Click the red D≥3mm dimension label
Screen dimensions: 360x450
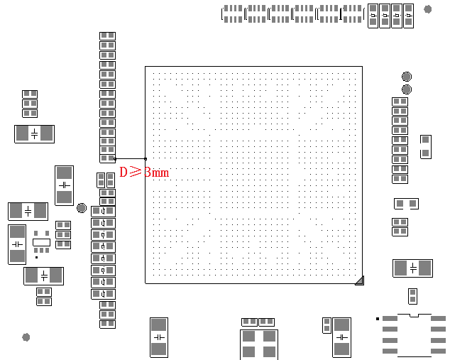coord(144,172)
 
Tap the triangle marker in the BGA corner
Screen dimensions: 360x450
coord(359,280)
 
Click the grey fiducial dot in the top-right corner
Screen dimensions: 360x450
coord(428,9)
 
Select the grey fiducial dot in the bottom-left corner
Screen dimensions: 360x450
coord(26,337)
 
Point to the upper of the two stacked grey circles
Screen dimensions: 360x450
coord(407,77)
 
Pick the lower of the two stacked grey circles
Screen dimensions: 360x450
coord(407,89)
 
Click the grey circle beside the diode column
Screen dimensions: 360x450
coord(82,208)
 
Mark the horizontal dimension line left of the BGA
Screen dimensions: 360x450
coord(130,158)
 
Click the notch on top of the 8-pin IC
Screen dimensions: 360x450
coord(415,314)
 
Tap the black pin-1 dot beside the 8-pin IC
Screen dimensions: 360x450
coord(378,319)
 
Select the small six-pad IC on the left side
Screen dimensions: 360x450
coord(41,241)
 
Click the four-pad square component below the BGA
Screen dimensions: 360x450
coord(258,344)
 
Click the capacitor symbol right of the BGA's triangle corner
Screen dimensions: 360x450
coord(412,268)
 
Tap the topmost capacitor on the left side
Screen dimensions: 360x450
coord(34,133)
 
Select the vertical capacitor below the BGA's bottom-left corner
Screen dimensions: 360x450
coord(158,337)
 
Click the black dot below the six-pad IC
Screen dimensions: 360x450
coord(37,257)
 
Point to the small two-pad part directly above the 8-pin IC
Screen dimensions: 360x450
coord(412,296)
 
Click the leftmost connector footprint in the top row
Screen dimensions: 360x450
coord(232,13)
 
